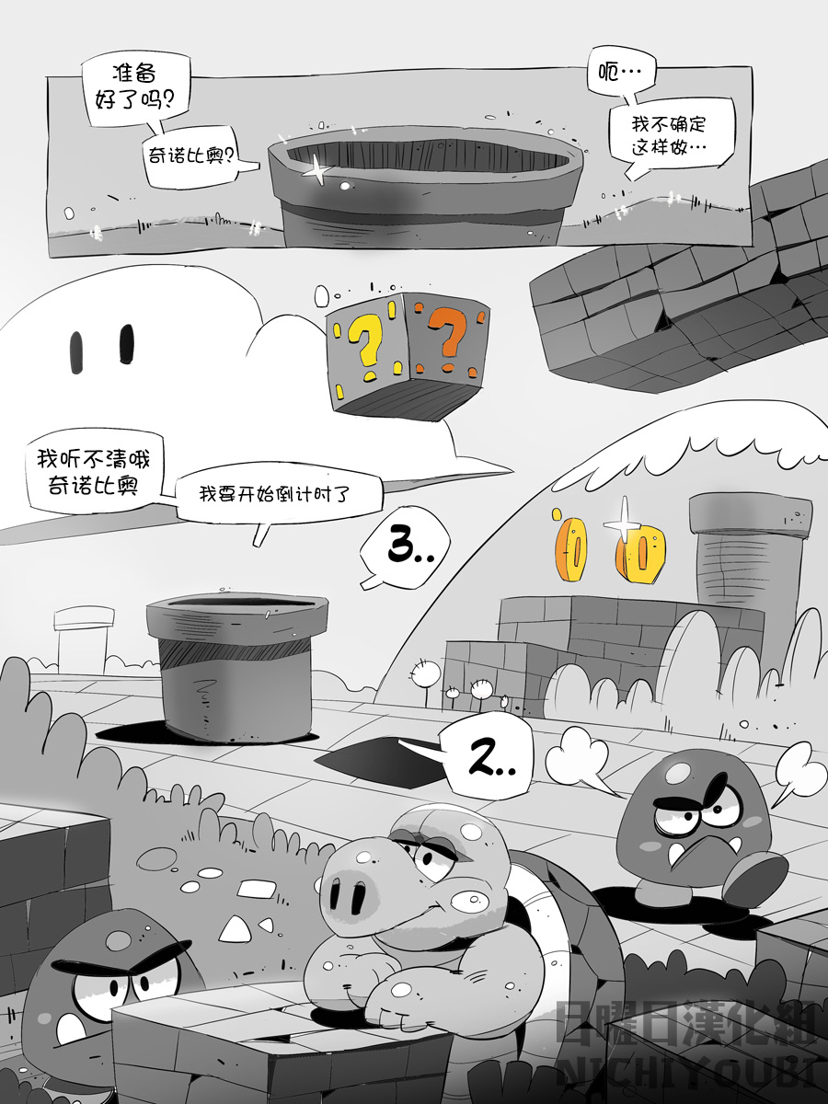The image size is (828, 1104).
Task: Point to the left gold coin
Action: point(570,548)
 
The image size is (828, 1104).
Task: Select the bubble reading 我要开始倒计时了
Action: point(276,494)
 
